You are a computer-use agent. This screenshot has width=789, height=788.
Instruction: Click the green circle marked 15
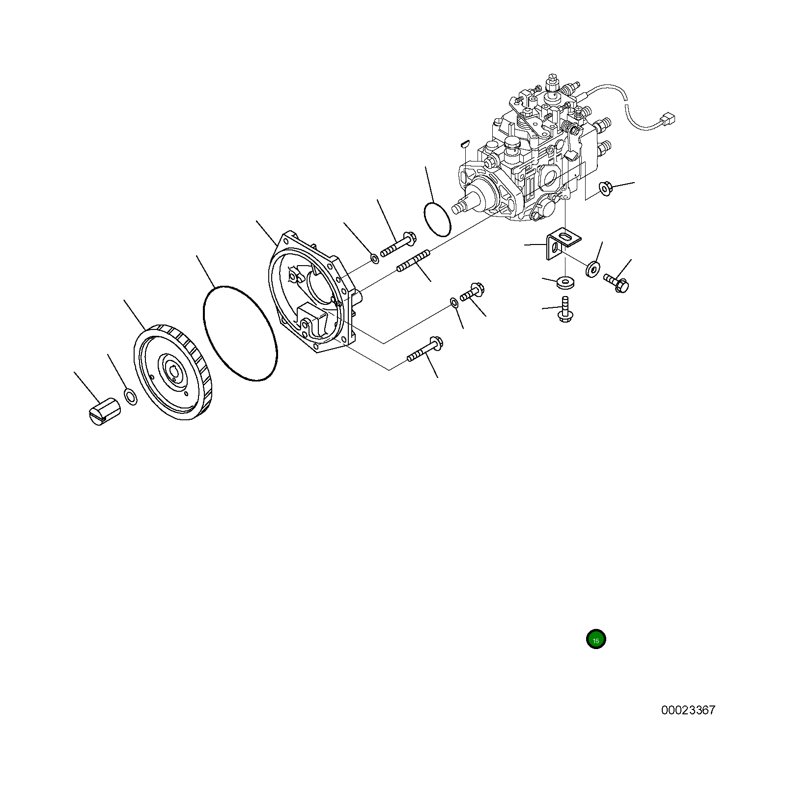(x=596, y=639)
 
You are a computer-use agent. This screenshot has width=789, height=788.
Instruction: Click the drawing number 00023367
(x=688, y=710)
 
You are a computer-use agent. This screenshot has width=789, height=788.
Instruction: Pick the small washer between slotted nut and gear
(x=131, y=397)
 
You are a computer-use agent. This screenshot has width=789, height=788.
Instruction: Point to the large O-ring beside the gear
(x=240, y=333)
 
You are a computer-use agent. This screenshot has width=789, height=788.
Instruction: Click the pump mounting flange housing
(x=314, y=292)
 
